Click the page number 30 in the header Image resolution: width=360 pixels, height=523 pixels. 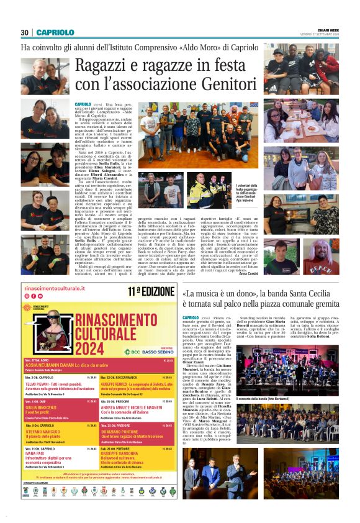point(25,32)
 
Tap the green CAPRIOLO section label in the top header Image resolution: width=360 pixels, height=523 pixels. point(55,32)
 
